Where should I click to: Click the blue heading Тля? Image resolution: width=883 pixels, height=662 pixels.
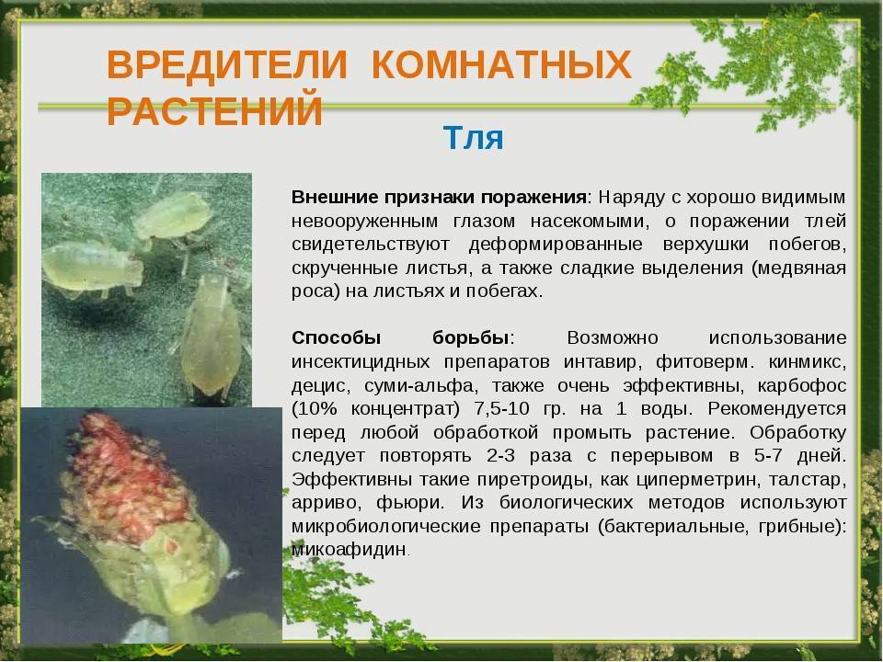(473, 137)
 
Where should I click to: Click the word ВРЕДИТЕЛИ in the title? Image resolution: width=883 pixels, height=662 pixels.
(227, 64)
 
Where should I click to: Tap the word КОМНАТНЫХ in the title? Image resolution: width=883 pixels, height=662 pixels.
(502, 64)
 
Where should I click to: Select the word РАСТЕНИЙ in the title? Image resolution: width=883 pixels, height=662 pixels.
(214, 110)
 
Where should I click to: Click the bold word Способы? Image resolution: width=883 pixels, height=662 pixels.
(337, 338)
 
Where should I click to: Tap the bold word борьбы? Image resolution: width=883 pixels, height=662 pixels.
(471, 337)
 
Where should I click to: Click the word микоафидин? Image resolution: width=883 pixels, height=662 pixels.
(349, 550)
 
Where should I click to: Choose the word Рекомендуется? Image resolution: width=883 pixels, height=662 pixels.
(777, 409)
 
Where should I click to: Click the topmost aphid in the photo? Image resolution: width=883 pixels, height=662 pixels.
(173, 217)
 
